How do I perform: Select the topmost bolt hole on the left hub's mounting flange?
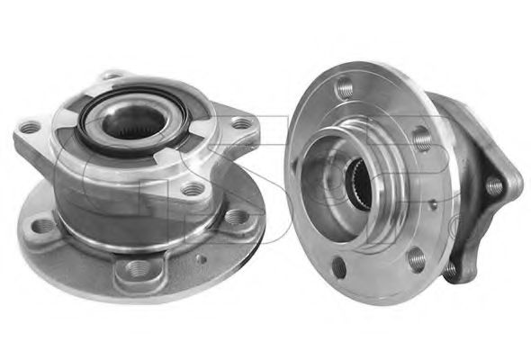[x=112, y=75]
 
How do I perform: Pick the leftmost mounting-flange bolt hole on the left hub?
[x=31, y=127]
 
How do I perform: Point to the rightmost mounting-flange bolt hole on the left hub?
[x=241, y=123]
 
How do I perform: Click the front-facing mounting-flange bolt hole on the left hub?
[x=193, y=189]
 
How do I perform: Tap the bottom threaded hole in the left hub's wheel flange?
[x=139, y=268]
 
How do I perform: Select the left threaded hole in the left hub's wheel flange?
[x=43, y=226]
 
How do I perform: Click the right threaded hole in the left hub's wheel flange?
[x=236, y=216]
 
